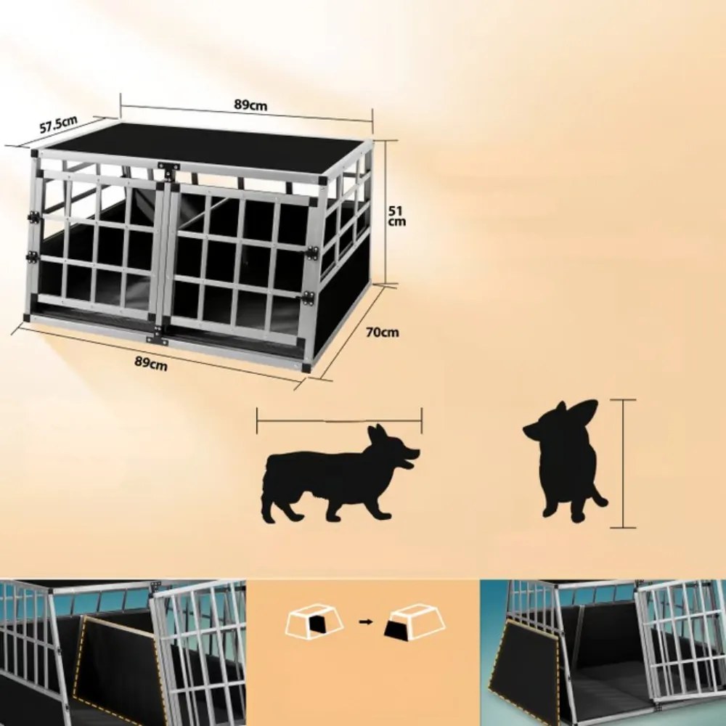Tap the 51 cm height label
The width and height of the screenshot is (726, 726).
(396, 216)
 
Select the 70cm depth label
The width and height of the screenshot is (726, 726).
(382, 333)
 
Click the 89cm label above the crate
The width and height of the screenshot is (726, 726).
(250, 105)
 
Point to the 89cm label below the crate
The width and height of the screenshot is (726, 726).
(151, 363)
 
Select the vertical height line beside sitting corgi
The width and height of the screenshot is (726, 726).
(623, 463)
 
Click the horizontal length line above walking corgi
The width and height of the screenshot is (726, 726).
(339, 420)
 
